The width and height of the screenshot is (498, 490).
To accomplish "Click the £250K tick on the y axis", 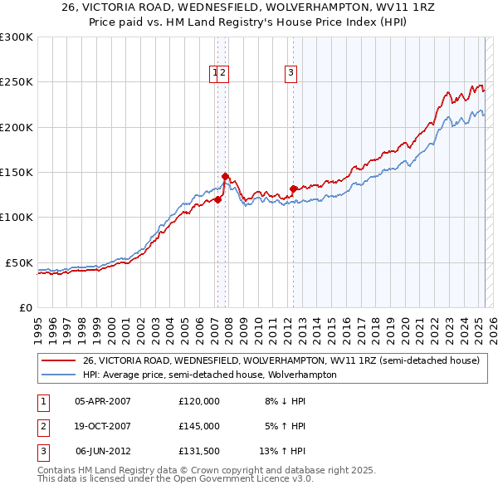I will pos(17,82).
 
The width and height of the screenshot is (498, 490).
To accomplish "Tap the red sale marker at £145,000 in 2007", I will pos(225,176).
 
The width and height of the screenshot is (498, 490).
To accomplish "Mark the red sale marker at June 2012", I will pos(293,189).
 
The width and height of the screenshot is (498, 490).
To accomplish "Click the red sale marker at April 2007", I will pos(217,199).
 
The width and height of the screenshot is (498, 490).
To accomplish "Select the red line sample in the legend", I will pos(59,361).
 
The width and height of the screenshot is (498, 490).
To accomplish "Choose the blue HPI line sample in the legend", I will pos(59,375).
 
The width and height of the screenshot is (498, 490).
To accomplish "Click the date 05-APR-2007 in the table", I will pos(103,400).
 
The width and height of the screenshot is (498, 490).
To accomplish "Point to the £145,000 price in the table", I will pos(199,426).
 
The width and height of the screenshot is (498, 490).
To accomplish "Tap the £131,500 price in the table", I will pos(199,452).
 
